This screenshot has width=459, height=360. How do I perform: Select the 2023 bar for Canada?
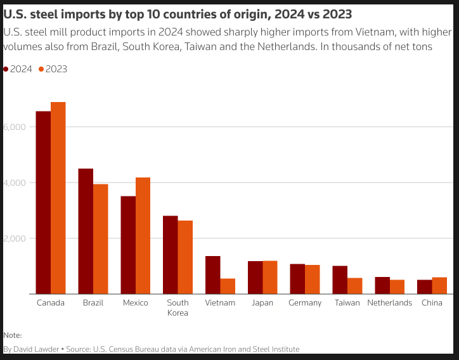(58, 198)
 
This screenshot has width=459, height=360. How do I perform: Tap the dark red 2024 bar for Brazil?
(86, 231)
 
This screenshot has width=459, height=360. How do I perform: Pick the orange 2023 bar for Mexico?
(143, 236)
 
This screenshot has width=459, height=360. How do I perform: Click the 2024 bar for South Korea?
(171, 255)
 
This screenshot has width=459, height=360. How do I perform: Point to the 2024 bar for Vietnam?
(213, 275)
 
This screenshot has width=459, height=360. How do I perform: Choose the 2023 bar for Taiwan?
(355, 286)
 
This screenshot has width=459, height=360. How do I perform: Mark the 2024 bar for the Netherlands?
(382, 286)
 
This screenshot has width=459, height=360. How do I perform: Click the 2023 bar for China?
(439, 286)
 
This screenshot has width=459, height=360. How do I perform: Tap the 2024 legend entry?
(17, 69)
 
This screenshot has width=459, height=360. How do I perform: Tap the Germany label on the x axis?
(306, 303)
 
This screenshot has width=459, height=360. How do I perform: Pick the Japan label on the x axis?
(262, 303)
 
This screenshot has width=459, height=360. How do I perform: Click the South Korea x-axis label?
(178, 307)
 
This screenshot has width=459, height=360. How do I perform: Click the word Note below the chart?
(12, 335)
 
